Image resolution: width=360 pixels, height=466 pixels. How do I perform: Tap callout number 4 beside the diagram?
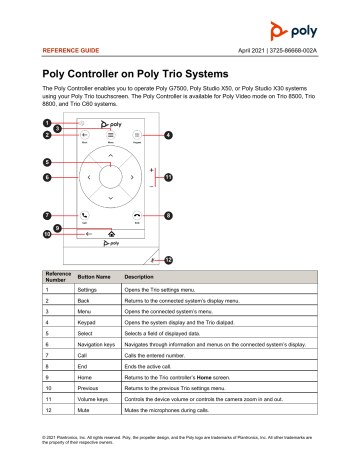tap(167, 135)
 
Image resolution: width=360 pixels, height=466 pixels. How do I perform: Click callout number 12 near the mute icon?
tap(169, 259)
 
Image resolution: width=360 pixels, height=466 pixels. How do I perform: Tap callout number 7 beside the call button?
tap(47, 215)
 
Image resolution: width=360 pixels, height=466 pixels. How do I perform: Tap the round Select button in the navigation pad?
tap(109, 177)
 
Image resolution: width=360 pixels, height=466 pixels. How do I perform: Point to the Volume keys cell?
tap(96, 409)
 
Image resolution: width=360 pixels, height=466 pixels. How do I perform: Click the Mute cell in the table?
tap(87, 421)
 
